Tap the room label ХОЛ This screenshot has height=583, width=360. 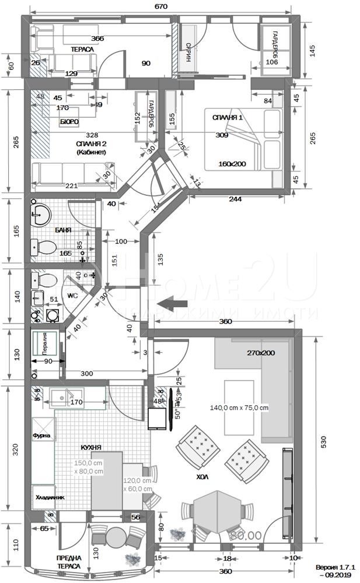203,476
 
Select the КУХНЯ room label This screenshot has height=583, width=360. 92,447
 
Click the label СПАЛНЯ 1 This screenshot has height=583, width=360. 227,118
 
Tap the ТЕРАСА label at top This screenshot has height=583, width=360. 82,50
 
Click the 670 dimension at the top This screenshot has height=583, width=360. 161,7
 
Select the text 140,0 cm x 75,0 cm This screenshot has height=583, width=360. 240,408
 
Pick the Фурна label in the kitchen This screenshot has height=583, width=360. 41,435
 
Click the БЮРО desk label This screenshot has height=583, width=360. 69,122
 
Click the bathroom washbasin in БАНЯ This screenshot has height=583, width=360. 39,214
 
